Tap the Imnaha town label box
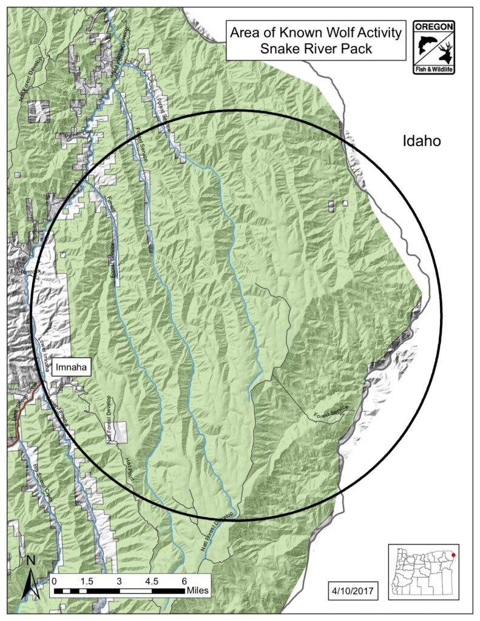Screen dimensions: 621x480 click(71, 368)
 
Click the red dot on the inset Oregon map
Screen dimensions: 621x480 click(452, 552)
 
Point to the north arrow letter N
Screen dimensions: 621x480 click(31, 560)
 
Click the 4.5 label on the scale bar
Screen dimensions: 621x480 click(152, 580)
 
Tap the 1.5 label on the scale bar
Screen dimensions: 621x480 click(86, 580)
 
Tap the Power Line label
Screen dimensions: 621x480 click(77, 135)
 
